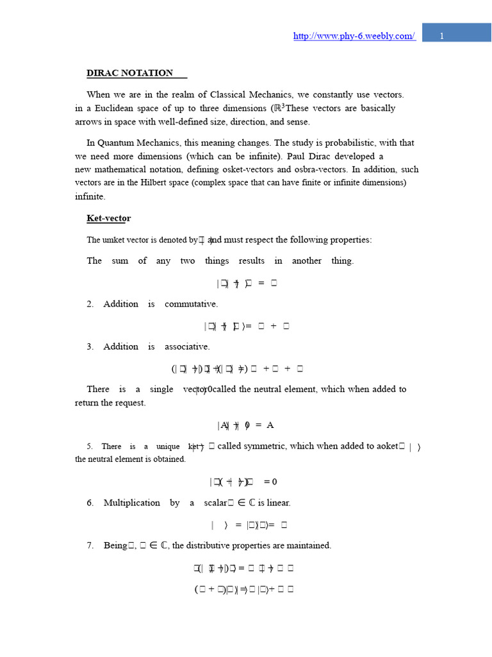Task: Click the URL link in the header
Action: tap(354, 36)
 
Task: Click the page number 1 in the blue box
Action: tap(442, 37)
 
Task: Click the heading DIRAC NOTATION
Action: tap(130, 73)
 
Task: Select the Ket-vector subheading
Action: tap(109, 219)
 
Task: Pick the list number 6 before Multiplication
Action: tap(90, 503)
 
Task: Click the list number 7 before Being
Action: tap(90, 546)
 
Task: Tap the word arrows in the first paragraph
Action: tap(88, 122)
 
